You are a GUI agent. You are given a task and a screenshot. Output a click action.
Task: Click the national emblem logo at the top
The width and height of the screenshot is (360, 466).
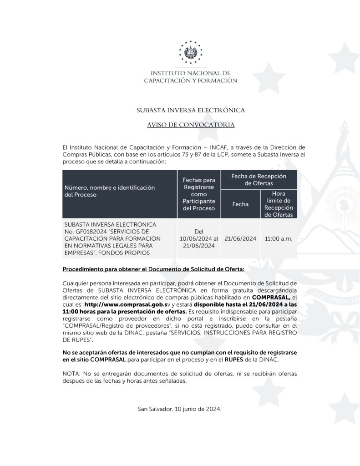click(x=191, y=51)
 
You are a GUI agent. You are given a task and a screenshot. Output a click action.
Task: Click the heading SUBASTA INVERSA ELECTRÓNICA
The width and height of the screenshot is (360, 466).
click(x=191, y=110)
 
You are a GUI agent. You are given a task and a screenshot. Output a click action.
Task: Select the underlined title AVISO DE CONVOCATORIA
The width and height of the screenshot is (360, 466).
click(x=191, y=124)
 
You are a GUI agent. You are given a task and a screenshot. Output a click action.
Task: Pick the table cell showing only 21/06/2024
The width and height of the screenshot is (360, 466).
click(x=240, y=238)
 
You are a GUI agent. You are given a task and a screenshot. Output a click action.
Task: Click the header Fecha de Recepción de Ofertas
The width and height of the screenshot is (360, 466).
click(x=259, y=179)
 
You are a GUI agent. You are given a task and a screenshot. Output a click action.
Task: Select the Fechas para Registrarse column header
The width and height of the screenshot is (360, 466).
click(x=198, y=194)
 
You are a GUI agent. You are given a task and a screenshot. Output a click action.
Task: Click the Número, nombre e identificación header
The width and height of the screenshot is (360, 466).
click(x=110, y=191)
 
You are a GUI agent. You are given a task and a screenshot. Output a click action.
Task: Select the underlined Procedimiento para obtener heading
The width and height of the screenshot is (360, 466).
click(x=153, y=269)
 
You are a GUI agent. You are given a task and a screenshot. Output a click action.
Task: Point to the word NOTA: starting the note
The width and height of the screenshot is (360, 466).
click(x=71, y=374)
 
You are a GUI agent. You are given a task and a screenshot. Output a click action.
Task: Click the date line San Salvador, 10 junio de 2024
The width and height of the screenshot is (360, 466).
click(x=180, y=409)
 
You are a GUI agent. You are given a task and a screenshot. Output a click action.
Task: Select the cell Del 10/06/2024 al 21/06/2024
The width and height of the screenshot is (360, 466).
click(x=199, y=238)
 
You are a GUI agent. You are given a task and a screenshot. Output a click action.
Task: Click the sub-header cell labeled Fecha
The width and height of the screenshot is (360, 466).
click(x=240, y=204)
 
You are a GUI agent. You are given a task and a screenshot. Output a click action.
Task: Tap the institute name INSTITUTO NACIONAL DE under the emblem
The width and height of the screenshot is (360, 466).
click(x=191, y=73)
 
